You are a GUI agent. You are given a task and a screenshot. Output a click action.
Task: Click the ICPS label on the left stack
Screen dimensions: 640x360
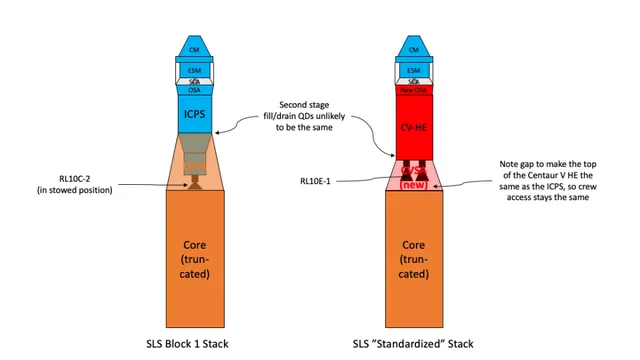tap(194, 113)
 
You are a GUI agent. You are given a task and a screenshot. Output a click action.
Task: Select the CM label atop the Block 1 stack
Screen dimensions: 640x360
tap(195, 48)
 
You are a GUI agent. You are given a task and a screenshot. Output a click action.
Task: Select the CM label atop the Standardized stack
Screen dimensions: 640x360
tap(412, 48)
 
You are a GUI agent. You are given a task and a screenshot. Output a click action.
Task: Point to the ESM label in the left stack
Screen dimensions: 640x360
tap(195, 70)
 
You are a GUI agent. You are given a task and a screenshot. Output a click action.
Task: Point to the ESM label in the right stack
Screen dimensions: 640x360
tap(412, 70)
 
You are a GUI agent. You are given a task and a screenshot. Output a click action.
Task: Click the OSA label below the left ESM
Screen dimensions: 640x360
tap(195, 90)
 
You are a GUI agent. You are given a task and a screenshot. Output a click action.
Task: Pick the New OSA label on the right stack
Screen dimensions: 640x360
tap(412, 90)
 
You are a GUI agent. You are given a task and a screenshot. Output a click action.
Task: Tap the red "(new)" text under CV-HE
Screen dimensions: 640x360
tap(412, 185)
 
